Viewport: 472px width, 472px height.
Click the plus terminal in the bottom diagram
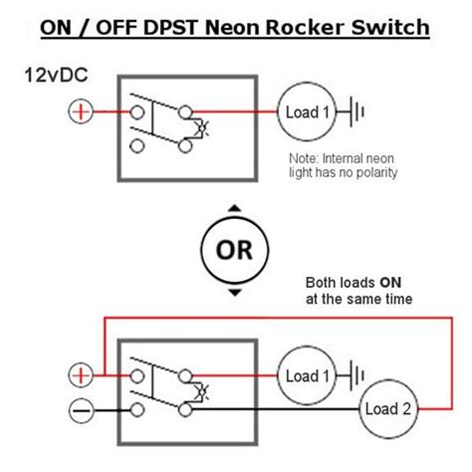pos(80,375)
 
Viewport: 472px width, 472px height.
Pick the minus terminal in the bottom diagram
pos(80,409)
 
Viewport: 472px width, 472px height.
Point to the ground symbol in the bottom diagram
pos(355,375)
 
